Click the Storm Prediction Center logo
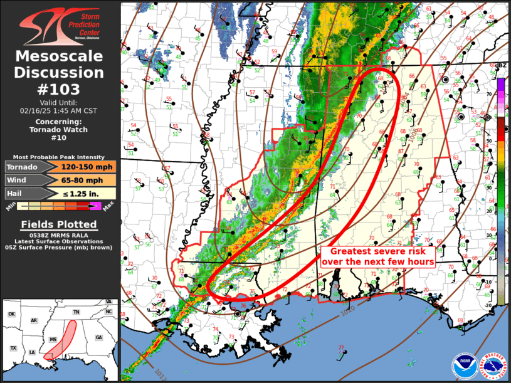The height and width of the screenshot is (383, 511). point(60,25)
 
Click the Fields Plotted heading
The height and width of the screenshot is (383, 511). point(60,224)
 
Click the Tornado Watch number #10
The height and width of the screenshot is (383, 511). point(60,138)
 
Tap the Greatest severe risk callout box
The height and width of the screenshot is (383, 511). point(379,256)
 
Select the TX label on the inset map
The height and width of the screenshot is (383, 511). point(13,348)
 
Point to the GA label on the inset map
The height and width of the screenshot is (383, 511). point(98,337)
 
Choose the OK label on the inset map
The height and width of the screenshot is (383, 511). point(11,314)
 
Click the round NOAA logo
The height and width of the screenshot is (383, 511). point(465,365)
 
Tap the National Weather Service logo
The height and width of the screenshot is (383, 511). point(493,365)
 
